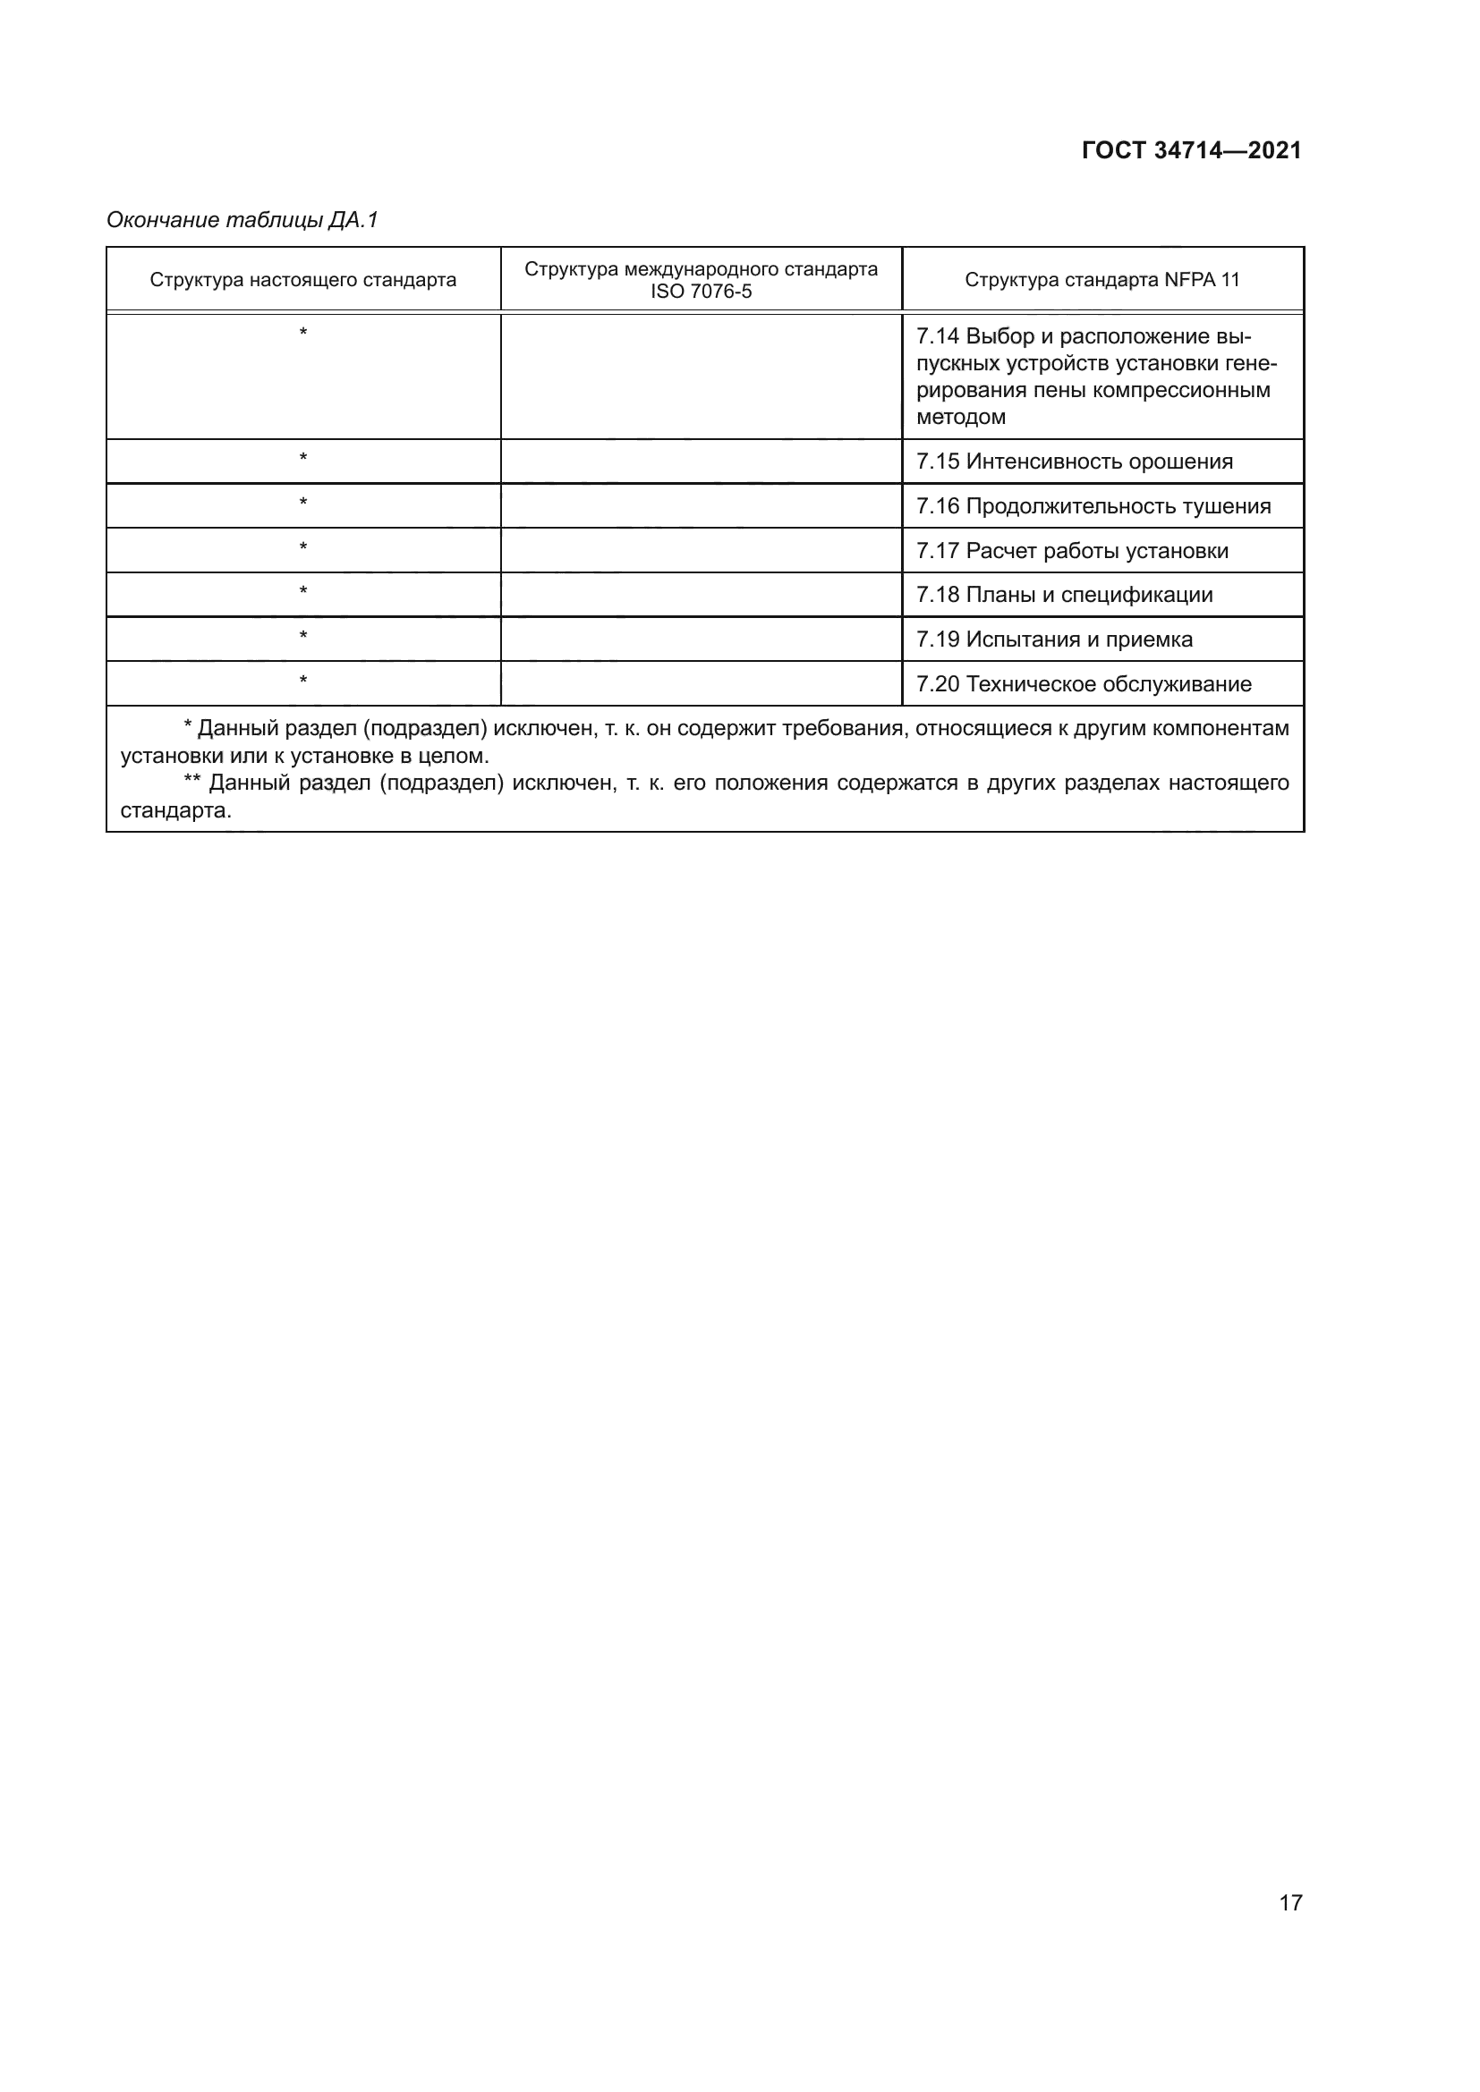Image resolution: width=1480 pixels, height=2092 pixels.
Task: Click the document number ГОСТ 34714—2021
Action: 1191,150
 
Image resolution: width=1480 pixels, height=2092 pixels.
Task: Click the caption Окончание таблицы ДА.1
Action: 242,220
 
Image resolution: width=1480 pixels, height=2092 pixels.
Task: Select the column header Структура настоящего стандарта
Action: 302,280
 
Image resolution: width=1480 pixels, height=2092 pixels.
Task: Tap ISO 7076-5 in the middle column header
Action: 701,292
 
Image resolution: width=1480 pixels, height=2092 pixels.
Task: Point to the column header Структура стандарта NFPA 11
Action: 1101,280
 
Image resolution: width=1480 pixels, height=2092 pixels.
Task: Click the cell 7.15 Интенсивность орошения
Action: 1075,461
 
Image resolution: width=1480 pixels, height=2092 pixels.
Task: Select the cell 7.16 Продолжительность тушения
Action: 1093,505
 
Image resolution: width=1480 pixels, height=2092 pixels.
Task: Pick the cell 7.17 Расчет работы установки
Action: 1072,550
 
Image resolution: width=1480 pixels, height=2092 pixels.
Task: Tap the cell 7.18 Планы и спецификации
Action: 1065,595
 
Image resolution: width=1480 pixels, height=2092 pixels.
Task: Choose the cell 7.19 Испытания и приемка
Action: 1054,639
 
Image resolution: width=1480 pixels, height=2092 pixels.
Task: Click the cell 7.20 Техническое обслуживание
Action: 1084,684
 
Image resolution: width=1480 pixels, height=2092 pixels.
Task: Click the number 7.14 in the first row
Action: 937,336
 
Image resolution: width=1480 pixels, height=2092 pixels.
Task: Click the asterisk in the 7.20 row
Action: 303,681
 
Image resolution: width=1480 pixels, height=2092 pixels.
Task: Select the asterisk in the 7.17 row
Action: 303,547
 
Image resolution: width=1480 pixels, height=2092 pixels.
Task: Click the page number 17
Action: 1290,1902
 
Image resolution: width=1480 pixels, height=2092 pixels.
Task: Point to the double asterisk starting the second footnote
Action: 191,782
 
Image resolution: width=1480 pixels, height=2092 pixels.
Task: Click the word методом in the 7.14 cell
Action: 960,418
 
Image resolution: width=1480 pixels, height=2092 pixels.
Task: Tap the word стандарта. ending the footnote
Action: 176,810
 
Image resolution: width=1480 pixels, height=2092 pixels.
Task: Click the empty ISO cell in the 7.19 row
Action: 701,639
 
